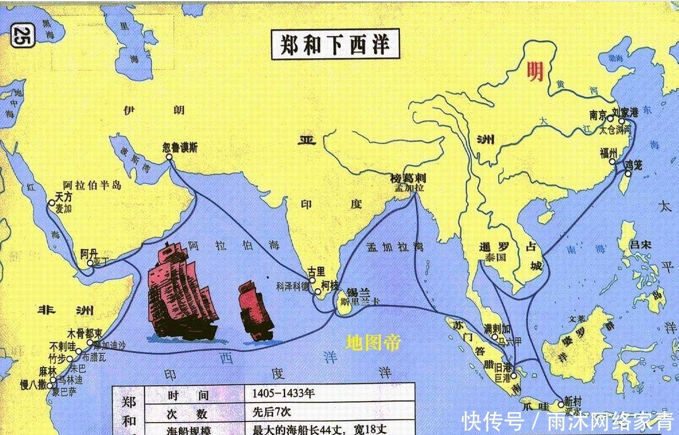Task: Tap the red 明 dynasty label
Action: [535, 72]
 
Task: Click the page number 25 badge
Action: [22, 35]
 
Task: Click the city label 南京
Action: [598, 115]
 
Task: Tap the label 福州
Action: [609, 153]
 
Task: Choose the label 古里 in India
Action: [316, 271]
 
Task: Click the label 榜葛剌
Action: [408, 178]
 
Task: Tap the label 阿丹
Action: [90, 252]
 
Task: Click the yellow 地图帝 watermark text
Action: [373, 342]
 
